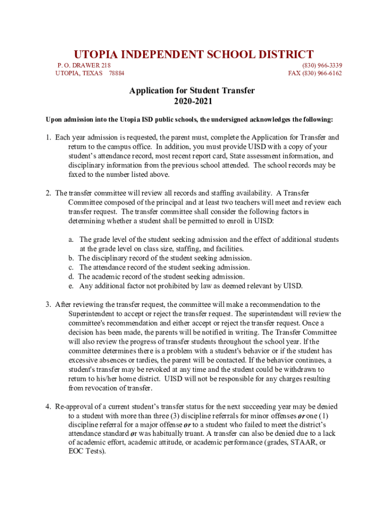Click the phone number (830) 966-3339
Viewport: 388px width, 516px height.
(x=322, y=65)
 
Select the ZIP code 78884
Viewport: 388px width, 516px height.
(x=117, y=73)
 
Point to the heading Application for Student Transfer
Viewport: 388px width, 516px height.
(x=192, y=91)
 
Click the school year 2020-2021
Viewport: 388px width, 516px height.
(x=193, y=101)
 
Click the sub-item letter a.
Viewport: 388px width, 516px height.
(x=72, y=239)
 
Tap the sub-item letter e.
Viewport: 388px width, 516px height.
(x=72, y=286)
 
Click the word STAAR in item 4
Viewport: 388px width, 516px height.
(x=301, y=443)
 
